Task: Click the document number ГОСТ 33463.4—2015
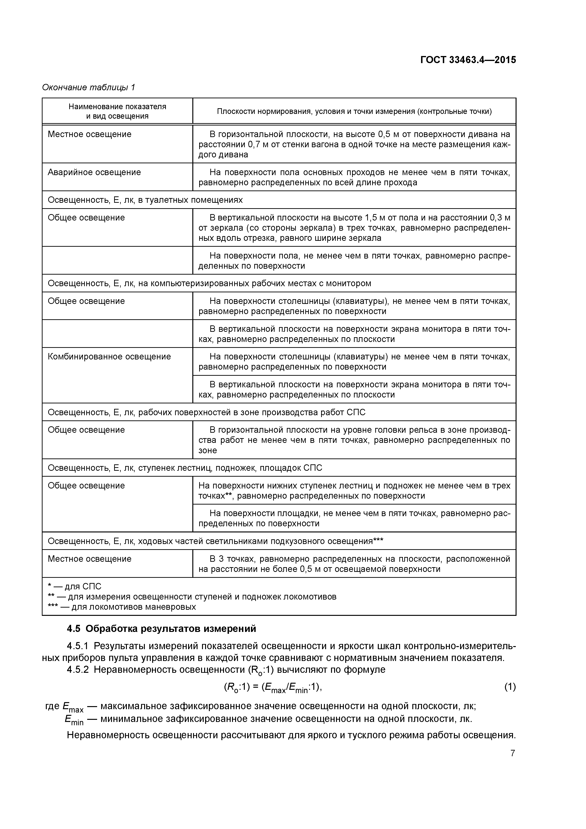click(x=468, y=60)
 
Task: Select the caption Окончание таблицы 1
click(x=88, y=87)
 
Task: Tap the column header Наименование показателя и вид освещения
click(x=117, y=111)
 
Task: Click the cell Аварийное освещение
click(x=94, y=172)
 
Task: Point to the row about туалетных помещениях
click(x=145, y=200)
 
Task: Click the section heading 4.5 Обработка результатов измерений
click(x=161, y=629)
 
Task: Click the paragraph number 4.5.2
click(x=78, y=670)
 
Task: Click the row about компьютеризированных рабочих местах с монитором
click(x=209, y=283)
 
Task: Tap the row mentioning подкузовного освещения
click(x=215, y=541)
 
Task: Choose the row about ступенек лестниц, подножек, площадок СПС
click(x=185, y=468)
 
